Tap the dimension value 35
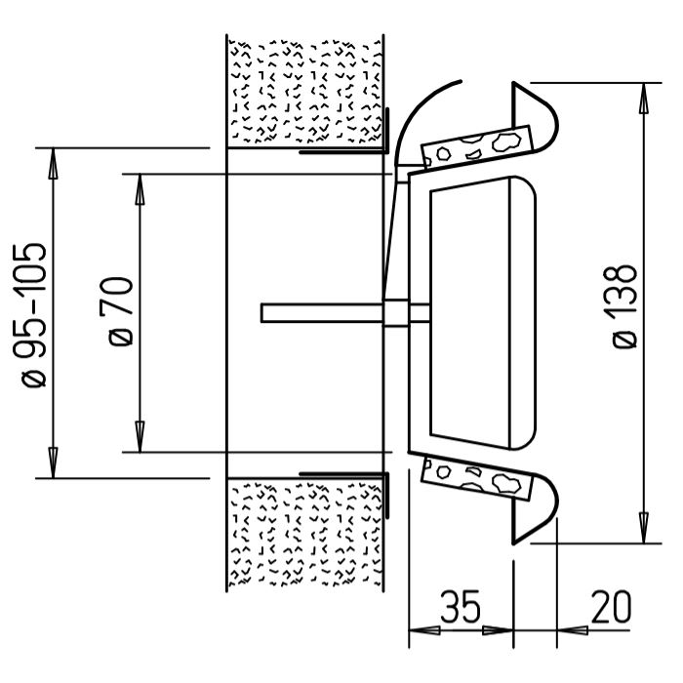click(x=460, y=607)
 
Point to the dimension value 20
click(x=611, y=607)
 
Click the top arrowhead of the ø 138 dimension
click(x=644, y=98)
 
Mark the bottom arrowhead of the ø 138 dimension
click(x=644, y=528)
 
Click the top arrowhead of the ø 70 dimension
click(x=140, y=189)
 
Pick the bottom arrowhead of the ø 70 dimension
click(x=140, y=437)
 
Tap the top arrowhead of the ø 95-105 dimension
click(x=53, y=164)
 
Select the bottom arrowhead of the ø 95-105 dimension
click(x=53, y=462)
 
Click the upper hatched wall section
click(x=305, y=92)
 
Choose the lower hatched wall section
click(x=305, y=535)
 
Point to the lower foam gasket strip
click(x=477, y=478)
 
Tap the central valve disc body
click(x=483, y=313)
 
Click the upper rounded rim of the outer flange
click(x=537, y=116)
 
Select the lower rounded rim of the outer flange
click(x=537, y=508)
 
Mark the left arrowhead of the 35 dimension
click(x=424, y=630)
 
